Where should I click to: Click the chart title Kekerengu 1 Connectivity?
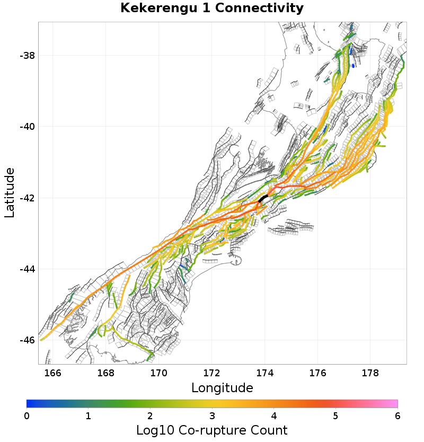[212, 8]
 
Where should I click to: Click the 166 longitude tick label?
[53, 373]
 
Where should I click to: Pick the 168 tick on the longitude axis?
[106, 373]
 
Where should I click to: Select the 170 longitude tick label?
[159, 373]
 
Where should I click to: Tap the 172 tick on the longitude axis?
[212, 373]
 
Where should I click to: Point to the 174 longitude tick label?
[265, 373]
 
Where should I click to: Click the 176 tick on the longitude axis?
[318, 373]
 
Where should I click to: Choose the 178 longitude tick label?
[371, 373]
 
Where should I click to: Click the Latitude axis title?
[10, 192]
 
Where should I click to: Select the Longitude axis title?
[222, 388]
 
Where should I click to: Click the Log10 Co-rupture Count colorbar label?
[212, 430]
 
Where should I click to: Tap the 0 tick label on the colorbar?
[26, 416]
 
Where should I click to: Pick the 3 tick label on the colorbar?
[212, 416]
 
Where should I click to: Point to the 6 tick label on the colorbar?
[397, 416]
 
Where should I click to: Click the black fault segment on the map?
[263, 198]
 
